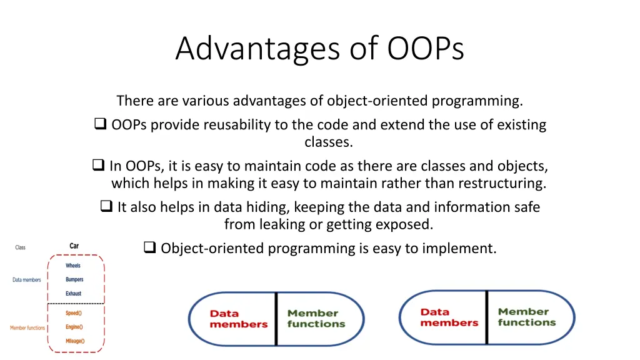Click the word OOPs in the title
(426, 48)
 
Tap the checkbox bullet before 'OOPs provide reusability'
(100, 124)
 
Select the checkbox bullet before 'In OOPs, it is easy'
(98, 166)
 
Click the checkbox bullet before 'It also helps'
(106, 206)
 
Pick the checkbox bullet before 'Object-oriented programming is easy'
(149, 248)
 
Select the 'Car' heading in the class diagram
(74, 246)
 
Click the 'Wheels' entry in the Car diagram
(73, 266)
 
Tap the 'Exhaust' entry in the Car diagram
(73, 293)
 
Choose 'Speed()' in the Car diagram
(73, 313)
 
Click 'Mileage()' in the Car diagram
(74, 341)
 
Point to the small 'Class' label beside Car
(20, 247)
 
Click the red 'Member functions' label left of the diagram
(27, 327)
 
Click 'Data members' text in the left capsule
(238, 319)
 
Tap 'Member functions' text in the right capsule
(526, 317)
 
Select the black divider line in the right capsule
(486, 317)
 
